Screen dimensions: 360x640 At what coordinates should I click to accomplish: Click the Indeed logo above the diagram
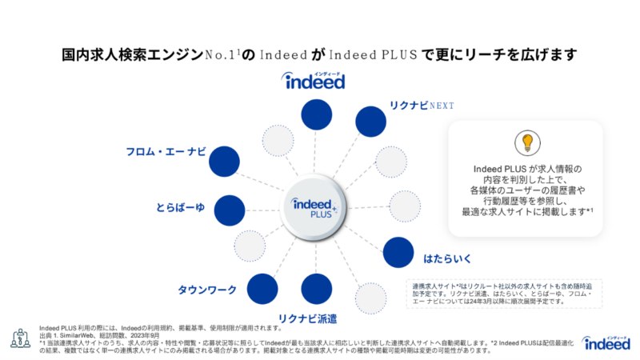(x=313, y=80)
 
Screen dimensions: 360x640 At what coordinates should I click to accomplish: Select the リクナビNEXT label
(x=422, y=106)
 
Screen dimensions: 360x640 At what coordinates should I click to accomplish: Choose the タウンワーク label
(x=206, y=288)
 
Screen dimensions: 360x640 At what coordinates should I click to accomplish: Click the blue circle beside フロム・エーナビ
(x=224, y=162)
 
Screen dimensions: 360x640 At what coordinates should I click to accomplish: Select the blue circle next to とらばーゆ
(x=230, y=209)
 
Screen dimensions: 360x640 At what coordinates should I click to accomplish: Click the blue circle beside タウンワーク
(x=262, y=287)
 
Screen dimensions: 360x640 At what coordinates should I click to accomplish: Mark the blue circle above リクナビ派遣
(x=317, y=289)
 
